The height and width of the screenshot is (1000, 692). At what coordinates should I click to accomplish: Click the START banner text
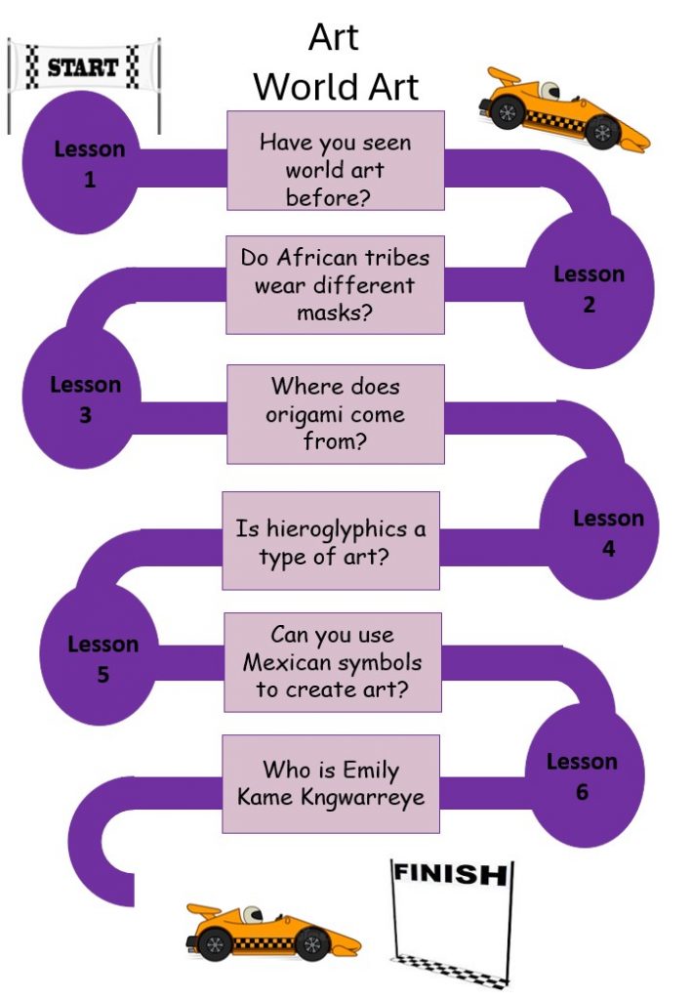pos(82,67)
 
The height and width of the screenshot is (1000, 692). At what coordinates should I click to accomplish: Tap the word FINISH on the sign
pos(451,873)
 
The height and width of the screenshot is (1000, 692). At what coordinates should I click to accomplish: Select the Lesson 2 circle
pos(589,290)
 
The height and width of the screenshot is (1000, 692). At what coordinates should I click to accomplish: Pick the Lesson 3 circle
pos(82,398)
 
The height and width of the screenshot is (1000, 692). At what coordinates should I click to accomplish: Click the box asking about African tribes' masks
pos(335,284)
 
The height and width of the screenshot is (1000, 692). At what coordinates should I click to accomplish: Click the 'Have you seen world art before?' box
pos(336,161)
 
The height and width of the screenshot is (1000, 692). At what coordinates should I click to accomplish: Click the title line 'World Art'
pos(336,87)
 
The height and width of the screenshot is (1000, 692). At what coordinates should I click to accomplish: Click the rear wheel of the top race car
pos(508,113)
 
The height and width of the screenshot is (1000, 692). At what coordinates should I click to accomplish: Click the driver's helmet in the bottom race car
pos(254,915)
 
